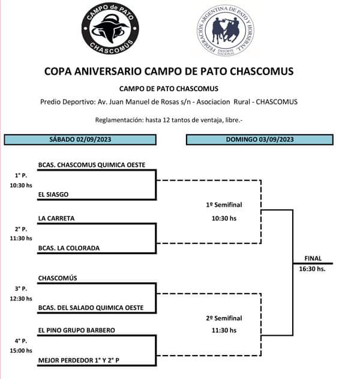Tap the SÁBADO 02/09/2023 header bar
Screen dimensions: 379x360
(x=80, y=139)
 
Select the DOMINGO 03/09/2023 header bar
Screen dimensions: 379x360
(x=259, y=139)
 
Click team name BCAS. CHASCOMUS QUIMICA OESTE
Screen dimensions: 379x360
(x=91, y=165)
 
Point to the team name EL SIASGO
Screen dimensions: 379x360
(x=53, y=195)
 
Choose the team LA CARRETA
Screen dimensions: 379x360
(x=56, y=219)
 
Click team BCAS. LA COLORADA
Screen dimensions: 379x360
(x=68, y=248)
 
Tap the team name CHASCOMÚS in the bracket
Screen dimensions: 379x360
(x=58, y=278)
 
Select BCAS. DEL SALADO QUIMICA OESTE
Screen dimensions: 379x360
(x=91, y=308)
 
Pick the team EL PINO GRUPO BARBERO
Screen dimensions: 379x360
(x=76, y=330)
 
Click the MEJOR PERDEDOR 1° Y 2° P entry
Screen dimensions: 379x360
(x=82, y=360)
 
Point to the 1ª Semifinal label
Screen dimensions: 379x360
(x=224, y=205)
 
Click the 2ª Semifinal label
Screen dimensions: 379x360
(x=224, y=318)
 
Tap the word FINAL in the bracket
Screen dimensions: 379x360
(x=313, y=258)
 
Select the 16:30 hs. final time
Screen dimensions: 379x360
(x=313, y=269)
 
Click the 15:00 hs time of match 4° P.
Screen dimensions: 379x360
(x=20, y=351)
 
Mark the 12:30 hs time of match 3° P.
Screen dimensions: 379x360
(x=20, y=298)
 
